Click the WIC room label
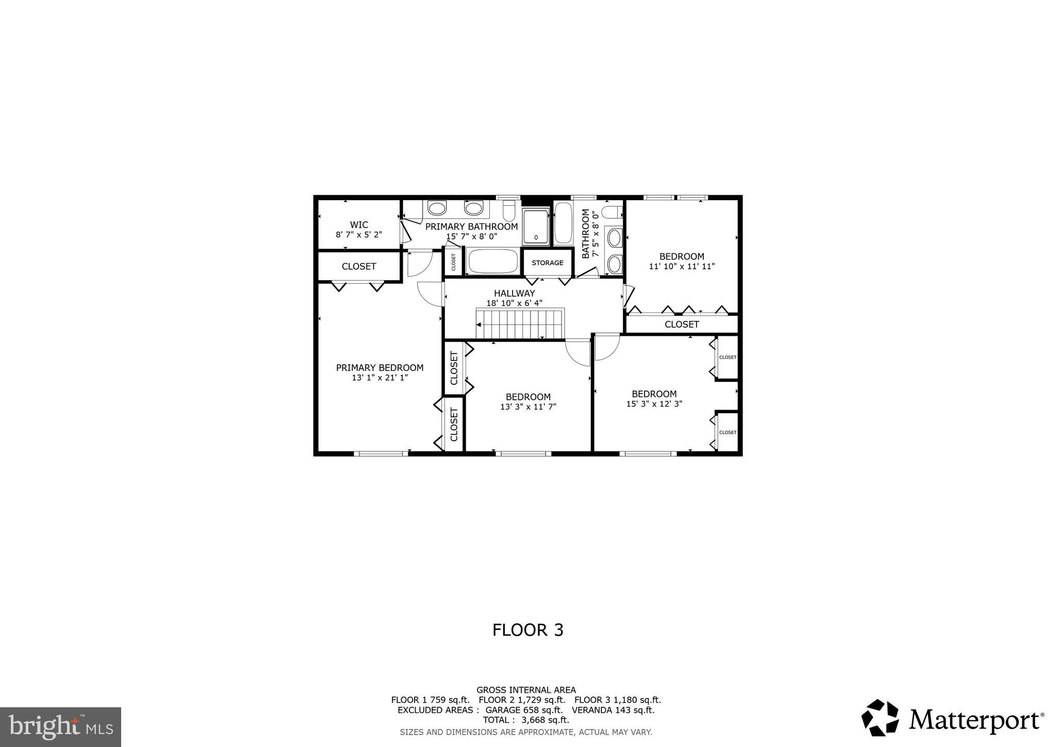pos(359,225)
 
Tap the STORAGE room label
pos(547,263)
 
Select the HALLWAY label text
pos(514,294)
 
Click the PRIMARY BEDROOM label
pos(379,368)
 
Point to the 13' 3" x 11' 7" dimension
pos(528,407)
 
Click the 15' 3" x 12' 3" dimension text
pos(654,404)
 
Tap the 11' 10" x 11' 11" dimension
pos(681,267)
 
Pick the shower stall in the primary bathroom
pos(536,227)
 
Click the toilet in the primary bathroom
pos(509,212)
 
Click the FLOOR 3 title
pos(527,630)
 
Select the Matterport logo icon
pos(880,718)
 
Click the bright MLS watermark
pos(61,727)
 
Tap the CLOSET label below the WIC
pos(359,267)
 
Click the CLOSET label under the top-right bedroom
pos(681,324)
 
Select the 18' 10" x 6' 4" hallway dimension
pos(514,303)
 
